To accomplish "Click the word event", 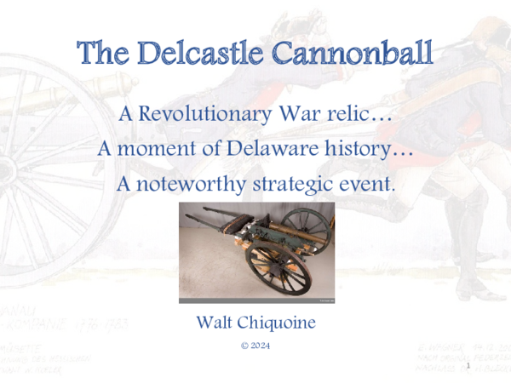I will pyautogui.click(x=370, y=183).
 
